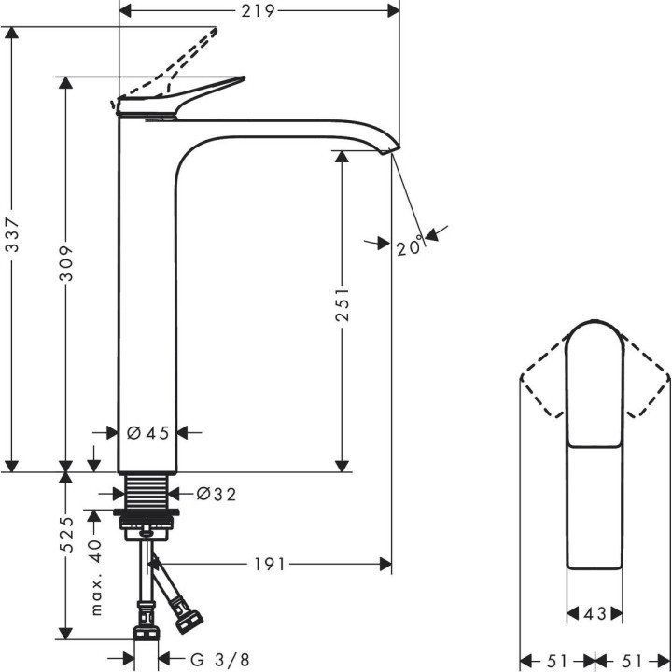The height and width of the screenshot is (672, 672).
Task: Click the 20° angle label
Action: (409, 246)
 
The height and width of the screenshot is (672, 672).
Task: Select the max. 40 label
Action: (95, 577)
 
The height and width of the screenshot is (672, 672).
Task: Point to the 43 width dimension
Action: (595, 613)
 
